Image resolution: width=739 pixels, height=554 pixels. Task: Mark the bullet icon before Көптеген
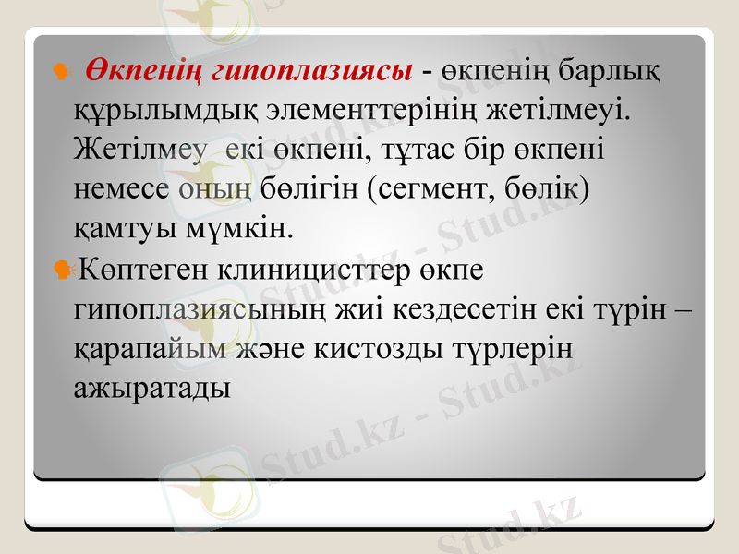coord(65,271)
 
